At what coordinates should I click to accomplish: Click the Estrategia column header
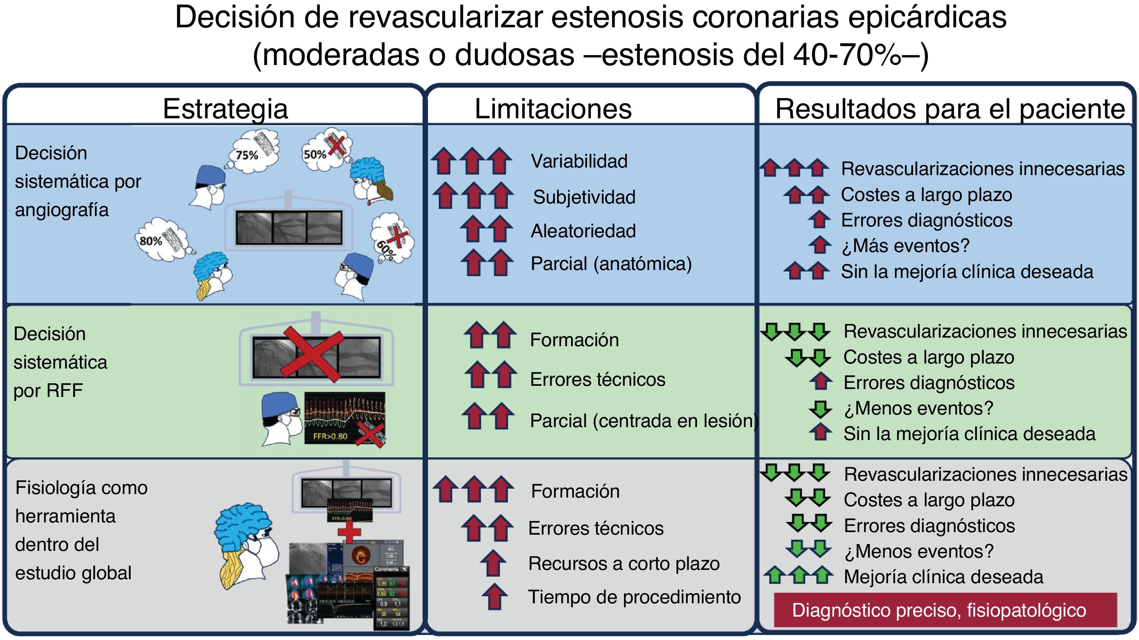point(225,109)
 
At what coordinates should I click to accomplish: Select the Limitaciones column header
point(553,109)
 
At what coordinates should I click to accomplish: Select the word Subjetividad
point(584,197)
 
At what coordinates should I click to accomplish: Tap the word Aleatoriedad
point(583,231)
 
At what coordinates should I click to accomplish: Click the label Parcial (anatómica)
point(611,264)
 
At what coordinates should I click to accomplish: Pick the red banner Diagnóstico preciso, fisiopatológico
point(945,610)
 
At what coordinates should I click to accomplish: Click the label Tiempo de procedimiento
point(634,597)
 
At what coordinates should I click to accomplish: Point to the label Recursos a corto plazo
point(623,563)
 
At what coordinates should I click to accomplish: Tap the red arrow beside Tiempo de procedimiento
point(494,596)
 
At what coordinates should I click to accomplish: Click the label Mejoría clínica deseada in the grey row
point(943,577)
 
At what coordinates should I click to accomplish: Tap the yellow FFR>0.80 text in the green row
point(330,436)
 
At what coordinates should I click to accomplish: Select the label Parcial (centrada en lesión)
point(643,421)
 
